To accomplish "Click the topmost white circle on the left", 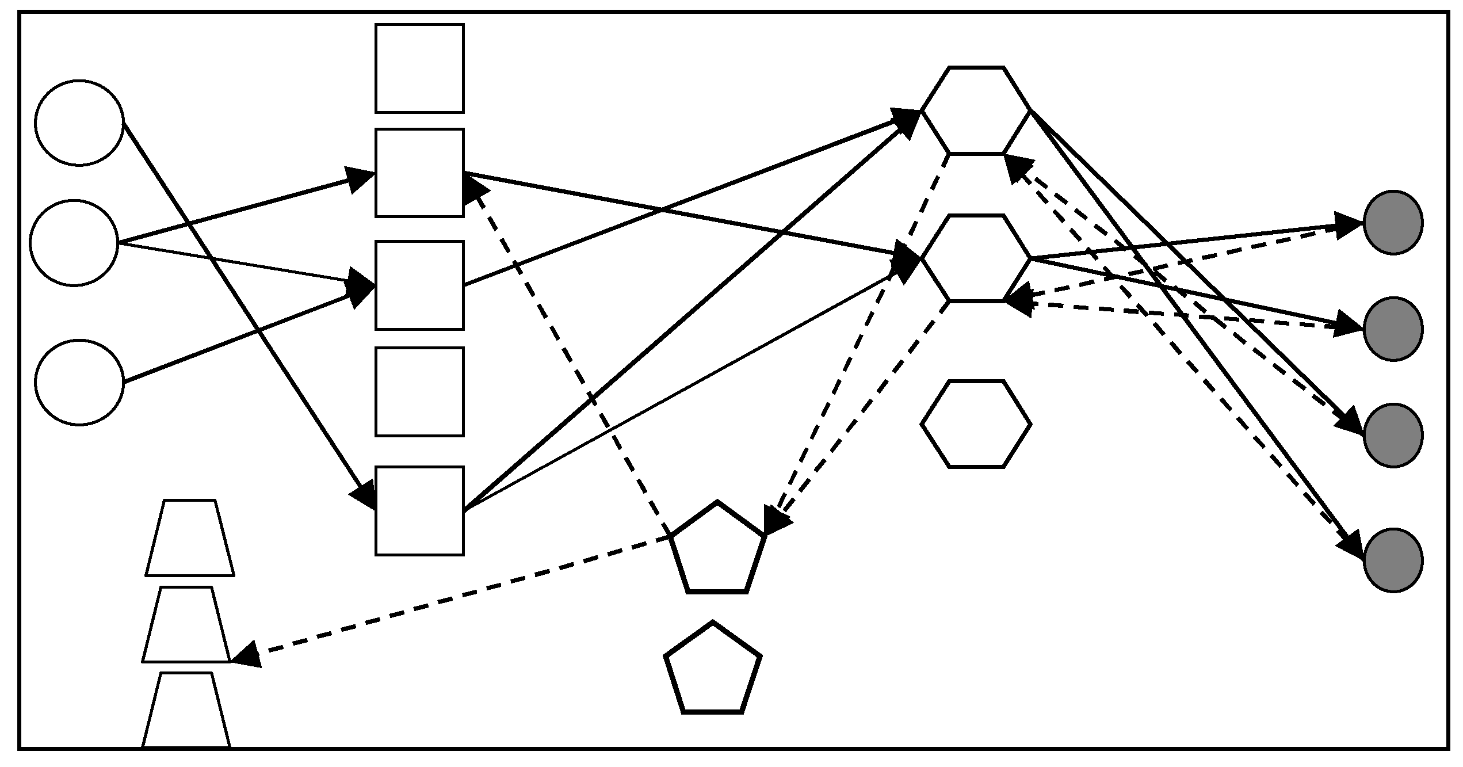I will [x=79, y=123].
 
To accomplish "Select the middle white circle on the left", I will [x=74, y=243].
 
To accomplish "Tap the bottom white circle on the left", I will [x=79, y=383].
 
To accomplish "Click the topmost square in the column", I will [x=419, y=68].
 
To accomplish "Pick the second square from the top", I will [x=419, y=173].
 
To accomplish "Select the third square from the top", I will [x=419, y=285].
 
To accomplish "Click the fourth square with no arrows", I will [x=419, y=392].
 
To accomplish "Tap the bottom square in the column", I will [x=419, y=511].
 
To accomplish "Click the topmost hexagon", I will [x=976, y=110].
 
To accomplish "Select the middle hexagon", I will [x=976, y=258].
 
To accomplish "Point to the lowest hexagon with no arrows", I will [x=976, y=424].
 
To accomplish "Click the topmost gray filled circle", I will [x=1393, y=222].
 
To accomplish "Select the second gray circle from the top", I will [x=1393, y=329].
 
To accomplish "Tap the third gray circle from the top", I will [x=1393, y=435].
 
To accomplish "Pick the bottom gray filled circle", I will [x=1393, y=560].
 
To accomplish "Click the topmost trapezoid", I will [x=190, y=539].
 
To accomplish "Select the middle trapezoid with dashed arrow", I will [x=186, y=625].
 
